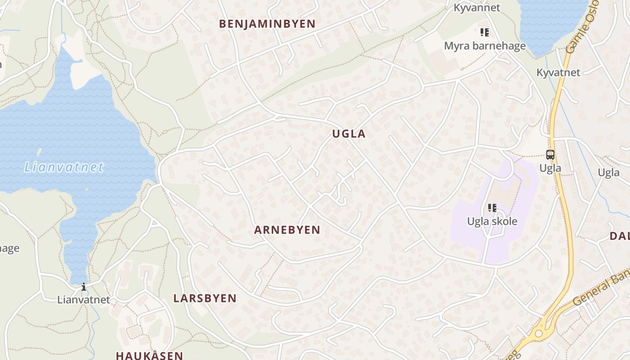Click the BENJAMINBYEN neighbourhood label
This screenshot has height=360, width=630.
click(x=267, y=24)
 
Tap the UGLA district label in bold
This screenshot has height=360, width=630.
click(x=349, y=134)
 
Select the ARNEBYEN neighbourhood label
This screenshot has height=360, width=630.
click(x=287, y=230)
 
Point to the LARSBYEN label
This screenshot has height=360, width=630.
click(x=205, y=298)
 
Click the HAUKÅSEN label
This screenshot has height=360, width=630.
click(x=149, y=355)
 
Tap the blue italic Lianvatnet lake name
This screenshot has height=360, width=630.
click(x=64, y=167)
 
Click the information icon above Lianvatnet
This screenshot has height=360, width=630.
click(x=83, y=287)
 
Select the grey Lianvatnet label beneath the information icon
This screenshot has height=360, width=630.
click(x=83, y=299)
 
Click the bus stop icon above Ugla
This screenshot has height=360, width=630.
click(x=550, y=155)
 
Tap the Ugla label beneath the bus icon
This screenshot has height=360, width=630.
click(x=550, y=168)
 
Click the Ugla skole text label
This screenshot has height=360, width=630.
click(x=492, y=221)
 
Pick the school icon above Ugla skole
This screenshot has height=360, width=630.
click(x=492, y=208)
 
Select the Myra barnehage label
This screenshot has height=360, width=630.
click(x=485, y=46)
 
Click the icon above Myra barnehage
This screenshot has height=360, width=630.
click(x=485, y=32)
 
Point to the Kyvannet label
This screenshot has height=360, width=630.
click(x=477, y=8)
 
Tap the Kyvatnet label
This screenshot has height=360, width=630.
click(x=558, y=72)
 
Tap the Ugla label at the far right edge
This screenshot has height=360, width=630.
click(x=608, y=173)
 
